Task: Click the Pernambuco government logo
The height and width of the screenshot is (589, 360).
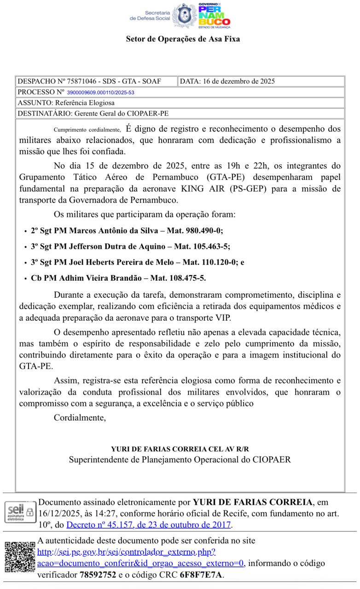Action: click(214, 16)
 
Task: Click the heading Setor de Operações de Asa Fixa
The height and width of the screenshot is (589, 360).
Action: click(183, 39)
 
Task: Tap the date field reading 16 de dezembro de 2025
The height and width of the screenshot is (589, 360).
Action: click(227, 81)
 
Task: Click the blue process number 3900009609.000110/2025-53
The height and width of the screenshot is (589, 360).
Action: click(100, 92)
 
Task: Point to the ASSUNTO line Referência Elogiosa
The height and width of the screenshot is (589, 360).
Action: click(66, 103)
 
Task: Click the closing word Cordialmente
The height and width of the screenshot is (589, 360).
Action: click(80, 418)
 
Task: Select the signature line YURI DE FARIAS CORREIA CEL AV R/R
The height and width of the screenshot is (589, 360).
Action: click(180, 449)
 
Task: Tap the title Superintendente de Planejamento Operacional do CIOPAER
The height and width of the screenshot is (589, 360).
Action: click(180, 459)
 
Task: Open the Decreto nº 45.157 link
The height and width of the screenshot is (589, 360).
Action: click(149, 525)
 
